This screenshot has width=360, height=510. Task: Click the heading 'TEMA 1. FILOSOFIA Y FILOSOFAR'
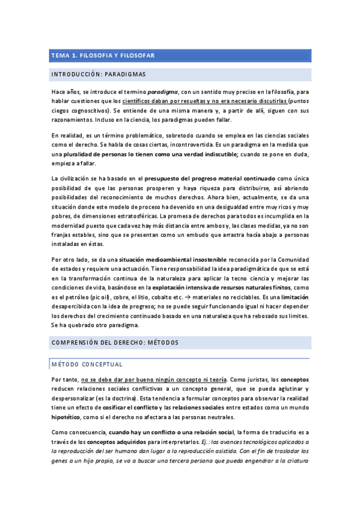pyautogui.click(x=103, y=55)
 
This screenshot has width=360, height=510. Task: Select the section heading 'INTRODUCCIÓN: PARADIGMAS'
pyautogui.click(x=99, y=75)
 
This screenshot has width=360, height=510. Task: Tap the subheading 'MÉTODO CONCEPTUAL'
pyautogui.click(x=87, y=364)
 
